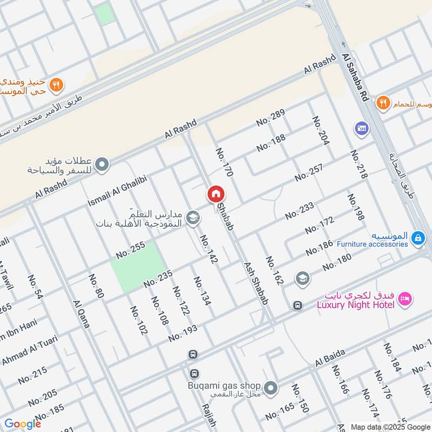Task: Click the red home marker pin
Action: (215, 193)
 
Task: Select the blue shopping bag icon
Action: (417, 238)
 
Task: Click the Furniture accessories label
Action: (372, 244)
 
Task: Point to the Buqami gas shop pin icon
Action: (272, 388)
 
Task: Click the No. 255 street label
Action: (131, 249)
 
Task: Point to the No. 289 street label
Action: (271, 117)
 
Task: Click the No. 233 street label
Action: (300, 210)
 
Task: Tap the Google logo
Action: (22, 423)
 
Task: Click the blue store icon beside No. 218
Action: (361, 128)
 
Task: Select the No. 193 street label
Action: (183, 333)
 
